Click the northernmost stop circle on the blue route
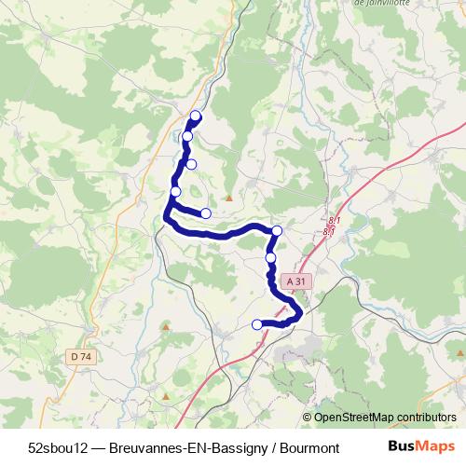pyautogui.click(x=196, y=116)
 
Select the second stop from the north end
pyautogui.click(x=187, y=137)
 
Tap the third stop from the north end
pyautogui.click(x=191, y=164)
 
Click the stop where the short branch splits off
pyautogui.click(x=175, y=192)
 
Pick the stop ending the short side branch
pyautogui.click(x=206, y=213)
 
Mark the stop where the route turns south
pyautogui.click(x=277, y=230)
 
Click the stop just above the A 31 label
pyautogui.click(x=271, y=257)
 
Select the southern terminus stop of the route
pyautogui.click(x=257, y=324)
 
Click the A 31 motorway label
pyautogui.click(x=296, y=281)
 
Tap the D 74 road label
pyautogui.click(x=81, y=356)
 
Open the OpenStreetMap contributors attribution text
pyautogui.click(x=385, y=417)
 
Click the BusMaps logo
pyautogui.click(x=421, y=445)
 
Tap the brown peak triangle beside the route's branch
pyautogui.click(x=229, y=198)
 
